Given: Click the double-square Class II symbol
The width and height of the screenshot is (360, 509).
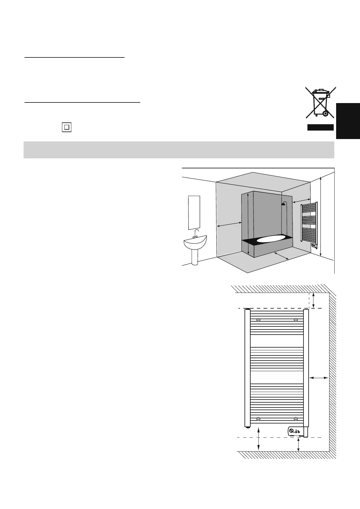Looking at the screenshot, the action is (x=66, y=127).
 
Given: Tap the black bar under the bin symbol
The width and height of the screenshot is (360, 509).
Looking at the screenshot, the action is (x=320, y=127).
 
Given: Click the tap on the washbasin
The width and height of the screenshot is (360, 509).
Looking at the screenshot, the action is (x=196, y=234).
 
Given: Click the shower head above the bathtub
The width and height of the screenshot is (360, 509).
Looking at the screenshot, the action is (x=284, y=204).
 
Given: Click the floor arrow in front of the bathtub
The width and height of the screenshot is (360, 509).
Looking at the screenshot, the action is (x=281, y=256).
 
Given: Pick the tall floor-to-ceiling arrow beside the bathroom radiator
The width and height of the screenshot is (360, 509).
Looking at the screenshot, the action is (x=321, y=217).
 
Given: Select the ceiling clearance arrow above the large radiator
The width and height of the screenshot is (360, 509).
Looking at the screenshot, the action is (x=314, y=300).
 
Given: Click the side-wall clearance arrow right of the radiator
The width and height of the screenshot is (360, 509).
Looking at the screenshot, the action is (x=319, y=378).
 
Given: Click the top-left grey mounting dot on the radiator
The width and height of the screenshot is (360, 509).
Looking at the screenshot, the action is (x=258, y=320).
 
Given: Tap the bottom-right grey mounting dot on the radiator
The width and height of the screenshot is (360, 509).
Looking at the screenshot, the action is (x=296, y=419).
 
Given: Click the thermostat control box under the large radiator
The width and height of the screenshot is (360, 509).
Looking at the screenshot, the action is (x=295, y=431).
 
